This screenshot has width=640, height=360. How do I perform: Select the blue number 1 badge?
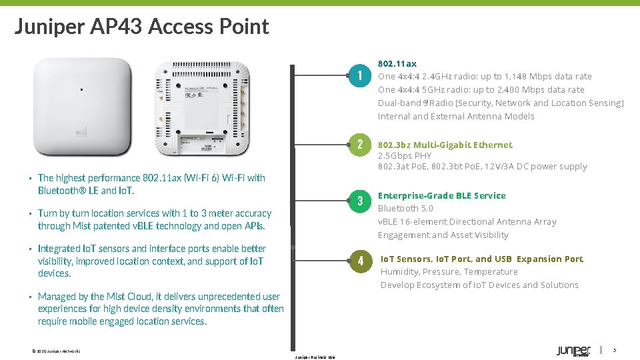coord(359,75)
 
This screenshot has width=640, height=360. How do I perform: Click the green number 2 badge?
coord(359,145)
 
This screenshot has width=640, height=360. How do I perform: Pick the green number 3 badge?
coord(359,201)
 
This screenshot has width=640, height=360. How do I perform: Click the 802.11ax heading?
coord(397,63)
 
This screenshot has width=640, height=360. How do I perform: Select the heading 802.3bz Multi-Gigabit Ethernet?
coord(445,145)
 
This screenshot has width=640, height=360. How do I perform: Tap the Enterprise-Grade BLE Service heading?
coord(441,195)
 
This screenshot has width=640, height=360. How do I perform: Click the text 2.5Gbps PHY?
coord(405,155)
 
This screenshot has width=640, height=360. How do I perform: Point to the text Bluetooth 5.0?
coord(405,209)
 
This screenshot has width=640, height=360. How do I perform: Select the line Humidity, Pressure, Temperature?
coord(449,272)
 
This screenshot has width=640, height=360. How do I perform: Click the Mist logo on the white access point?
coord(86,131)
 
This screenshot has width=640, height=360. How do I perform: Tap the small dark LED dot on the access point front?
coord(81,89)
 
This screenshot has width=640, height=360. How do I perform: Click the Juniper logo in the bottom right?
coord(573,351)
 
